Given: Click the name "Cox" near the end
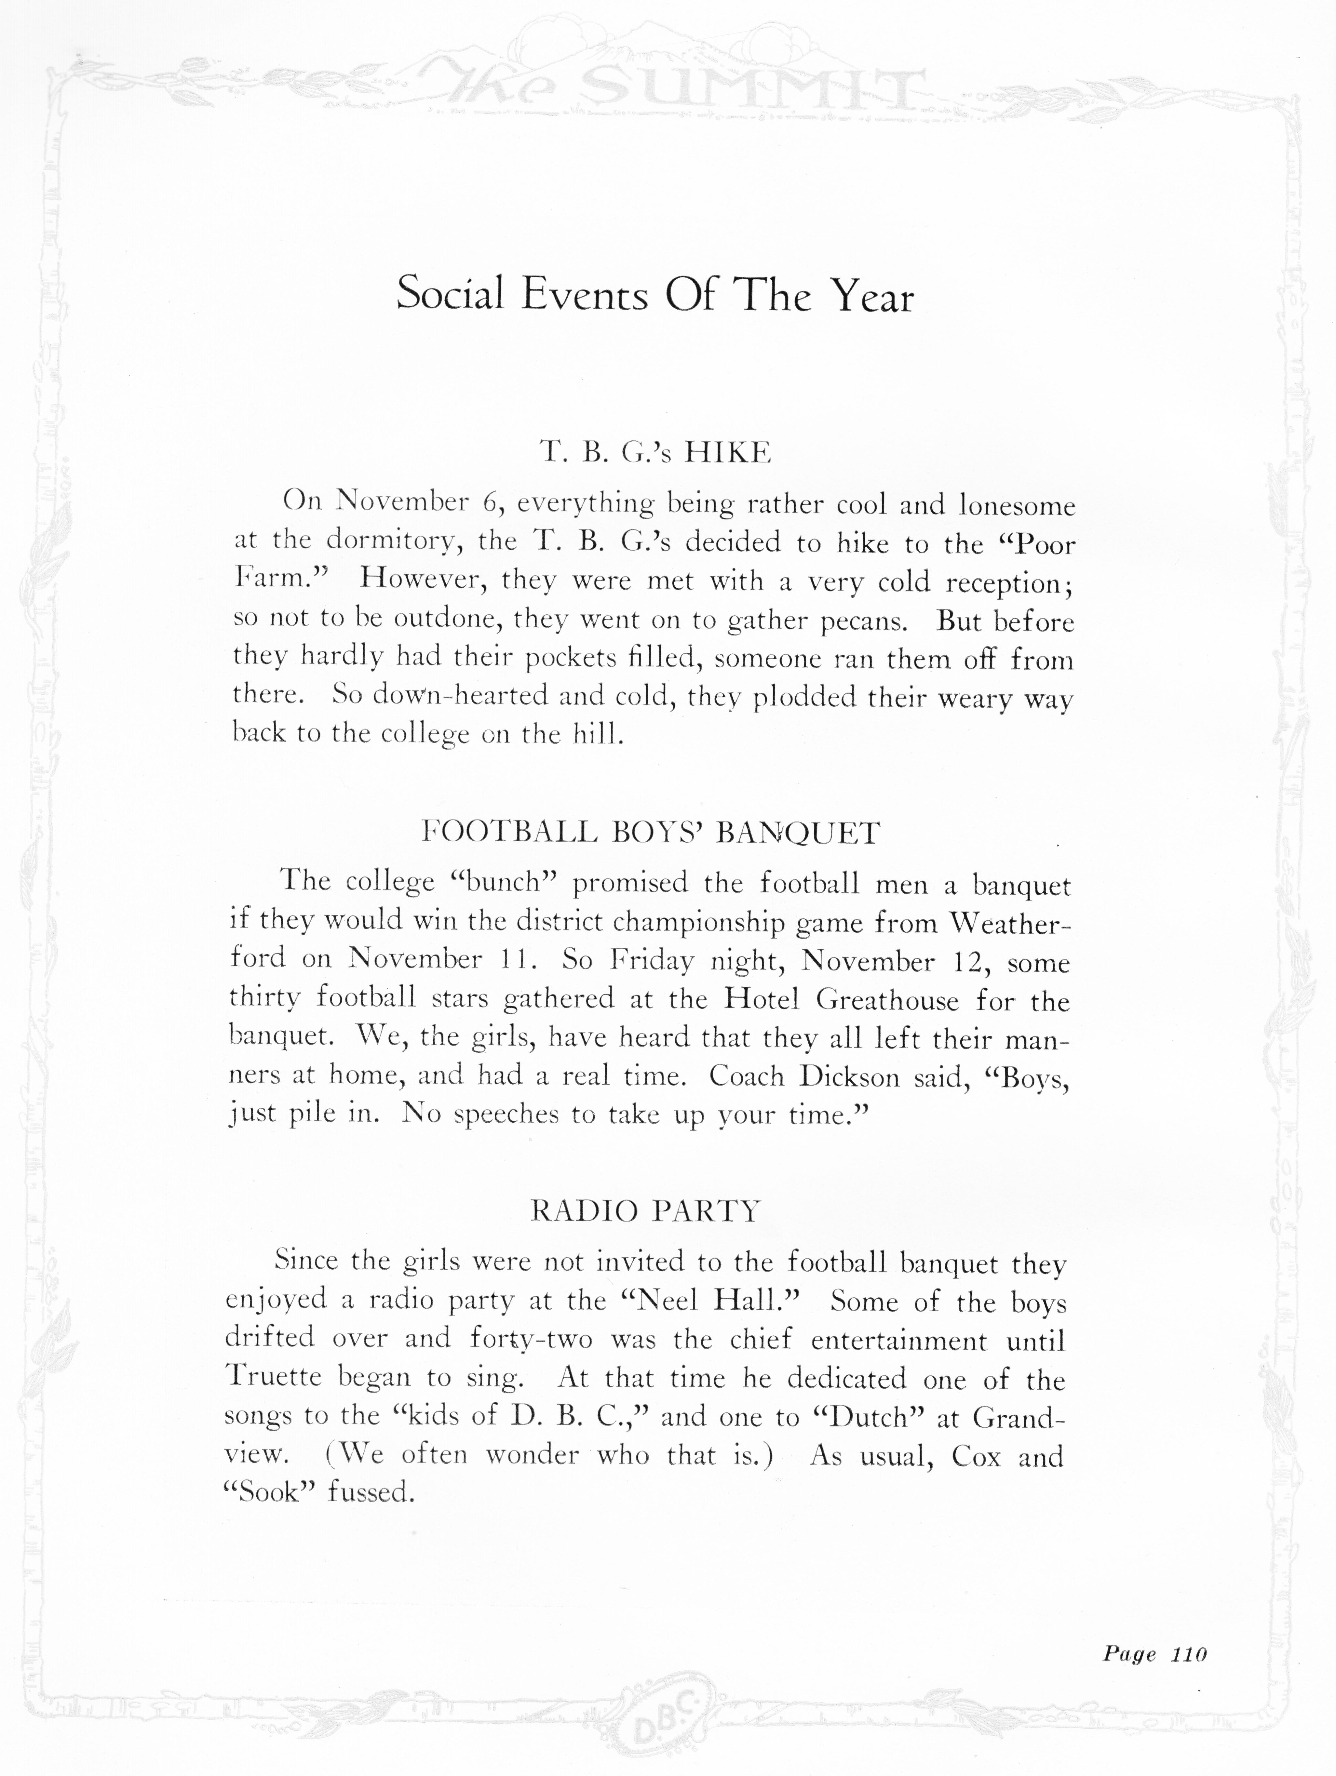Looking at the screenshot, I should [976, 1456].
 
